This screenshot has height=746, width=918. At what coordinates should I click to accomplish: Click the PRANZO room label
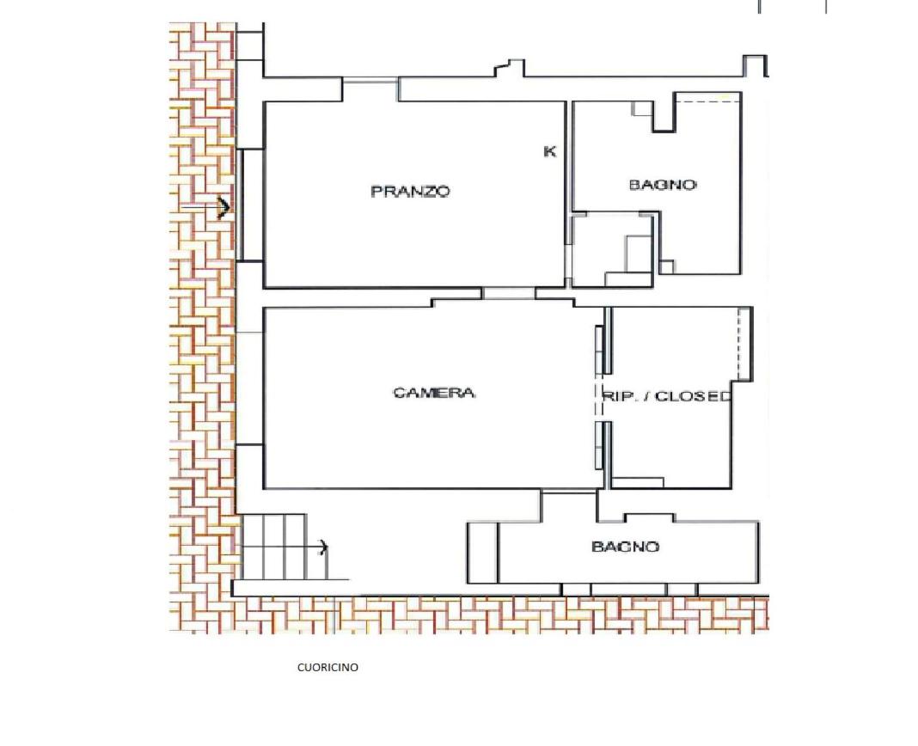pyautogui.click(x=410, y=191)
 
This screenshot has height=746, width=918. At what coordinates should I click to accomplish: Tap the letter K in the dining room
pyautogui.click(x=550, y=151)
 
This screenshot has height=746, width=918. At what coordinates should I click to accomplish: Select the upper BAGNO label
pyautogui.click(x=663, y=185)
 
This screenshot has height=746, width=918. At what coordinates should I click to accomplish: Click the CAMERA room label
pyautogui.click(x=434, y=392)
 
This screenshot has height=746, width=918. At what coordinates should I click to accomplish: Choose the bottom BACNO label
pyautogui.click(x=625, y=547)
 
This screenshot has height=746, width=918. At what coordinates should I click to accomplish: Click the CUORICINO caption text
pyautogui.click(x=327, y=667)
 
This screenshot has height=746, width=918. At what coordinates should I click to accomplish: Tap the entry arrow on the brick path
pyautogui.click(x=205, y=208)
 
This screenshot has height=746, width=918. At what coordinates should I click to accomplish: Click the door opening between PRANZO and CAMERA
pyautogui.click(x=508, y=293)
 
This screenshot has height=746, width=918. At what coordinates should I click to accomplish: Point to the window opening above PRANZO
pyautogui.click(x=370, y=89)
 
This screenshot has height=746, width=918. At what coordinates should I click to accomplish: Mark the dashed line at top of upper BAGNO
pyautogui.click(x=707, y=102)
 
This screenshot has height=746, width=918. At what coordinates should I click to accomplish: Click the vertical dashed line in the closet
pyautogui.click(x=739, y=343)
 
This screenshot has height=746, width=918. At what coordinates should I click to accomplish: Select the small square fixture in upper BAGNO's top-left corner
pyautogui.click(x=642, y=108)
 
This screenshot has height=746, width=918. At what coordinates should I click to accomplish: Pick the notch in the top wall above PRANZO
pyautogui.click(x=510, y=67)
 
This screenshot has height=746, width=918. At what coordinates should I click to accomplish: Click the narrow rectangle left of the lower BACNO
pyautogui.click(x=482, y=553)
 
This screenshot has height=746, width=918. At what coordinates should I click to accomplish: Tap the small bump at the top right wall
pyautogui.click(x=756, y=65)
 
